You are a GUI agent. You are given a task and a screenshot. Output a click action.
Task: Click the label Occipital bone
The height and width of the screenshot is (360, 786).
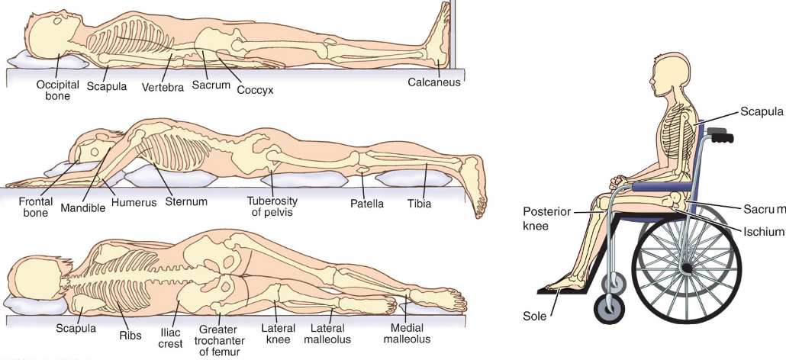click(58, 90)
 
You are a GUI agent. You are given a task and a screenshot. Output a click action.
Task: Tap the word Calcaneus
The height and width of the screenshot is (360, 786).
click(434, 82)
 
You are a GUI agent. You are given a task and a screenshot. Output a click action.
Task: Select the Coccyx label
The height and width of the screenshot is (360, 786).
click(255, 90)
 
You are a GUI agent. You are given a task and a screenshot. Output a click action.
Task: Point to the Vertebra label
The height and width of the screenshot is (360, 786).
click(163, 87)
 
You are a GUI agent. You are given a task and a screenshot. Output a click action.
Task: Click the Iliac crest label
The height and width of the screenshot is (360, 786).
click(171, 337)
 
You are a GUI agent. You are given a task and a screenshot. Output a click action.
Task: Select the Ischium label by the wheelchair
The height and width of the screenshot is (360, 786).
click(761, 231)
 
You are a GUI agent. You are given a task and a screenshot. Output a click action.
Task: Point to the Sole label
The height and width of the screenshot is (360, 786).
click(534, 316)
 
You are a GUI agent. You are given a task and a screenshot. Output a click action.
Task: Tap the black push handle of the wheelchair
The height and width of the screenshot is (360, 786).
click(720, 137)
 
